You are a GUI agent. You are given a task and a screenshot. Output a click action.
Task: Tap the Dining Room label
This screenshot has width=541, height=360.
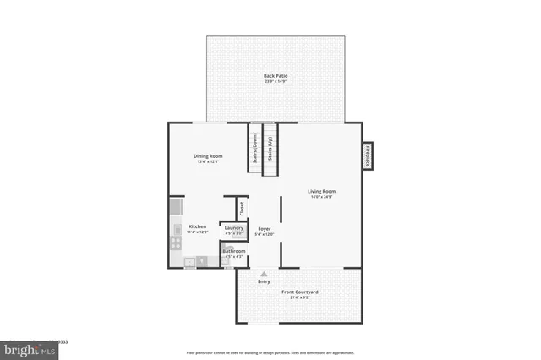[208, 155]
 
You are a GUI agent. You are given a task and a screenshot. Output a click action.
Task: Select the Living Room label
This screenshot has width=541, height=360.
[321, 192]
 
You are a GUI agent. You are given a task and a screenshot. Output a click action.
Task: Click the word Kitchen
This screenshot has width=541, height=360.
[198, 226]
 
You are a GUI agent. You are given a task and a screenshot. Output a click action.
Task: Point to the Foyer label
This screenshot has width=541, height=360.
[264, 228]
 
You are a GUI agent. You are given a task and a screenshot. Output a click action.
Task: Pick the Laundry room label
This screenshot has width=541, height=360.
[234, 228]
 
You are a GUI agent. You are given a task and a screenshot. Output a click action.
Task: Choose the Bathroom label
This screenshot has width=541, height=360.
[234, 251]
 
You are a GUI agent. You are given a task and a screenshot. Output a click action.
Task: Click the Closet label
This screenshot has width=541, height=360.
[241, 206]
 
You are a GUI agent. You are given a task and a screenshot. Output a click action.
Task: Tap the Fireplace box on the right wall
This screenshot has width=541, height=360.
[368, 155]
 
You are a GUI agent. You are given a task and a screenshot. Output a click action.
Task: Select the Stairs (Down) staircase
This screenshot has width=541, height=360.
[254, 150]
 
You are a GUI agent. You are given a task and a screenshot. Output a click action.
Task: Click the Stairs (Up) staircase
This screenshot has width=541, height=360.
[270, 150]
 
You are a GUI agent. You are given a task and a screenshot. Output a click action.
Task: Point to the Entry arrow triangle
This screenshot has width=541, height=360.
[264, 274]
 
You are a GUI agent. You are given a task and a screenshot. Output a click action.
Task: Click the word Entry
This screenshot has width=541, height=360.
[264, 281]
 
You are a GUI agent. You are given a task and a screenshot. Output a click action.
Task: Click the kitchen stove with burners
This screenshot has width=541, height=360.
[176, 242]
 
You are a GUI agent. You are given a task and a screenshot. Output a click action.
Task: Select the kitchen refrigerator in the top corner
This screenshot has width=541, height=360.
[176, 205]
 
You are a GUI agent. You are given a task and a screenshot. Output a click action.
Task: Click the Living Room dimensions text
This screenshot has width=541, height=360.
[321, 199]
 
